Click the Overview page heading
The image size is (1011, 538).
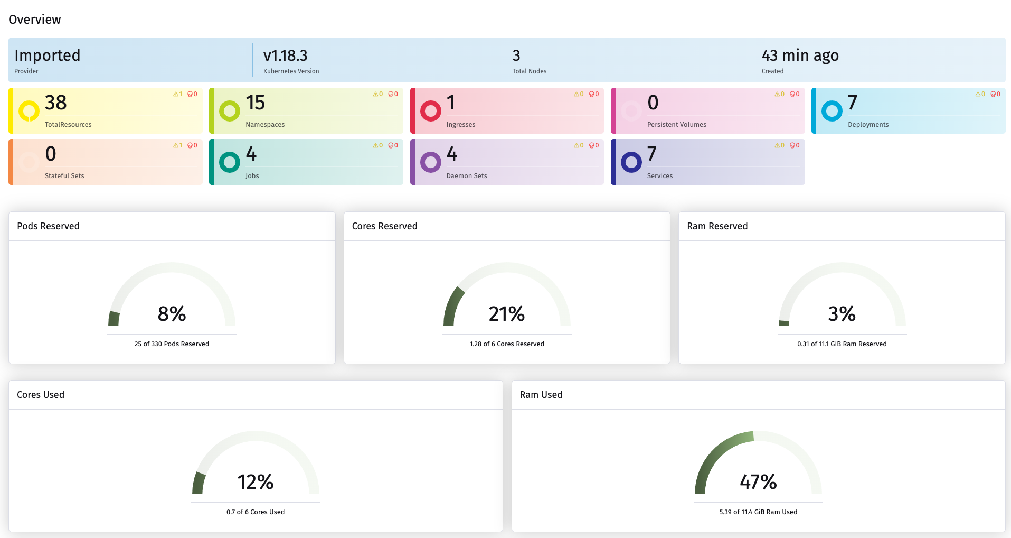pyautogui.click(x=35, y=20)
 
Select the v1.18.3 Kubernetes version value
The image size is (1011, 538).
pyautogui.click(x=285, y=55)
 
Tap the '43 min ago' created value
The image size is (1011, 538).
pyautogui.click(x=800, y=55)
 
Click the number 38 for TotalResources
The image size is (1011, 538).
pyautogui.click(x=55, y=103)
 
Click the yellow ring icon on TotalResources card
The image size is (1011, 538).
pyautogui.click(x=29, y=111)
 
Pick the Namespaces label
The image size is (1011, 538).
pyautogui.click(x=265, y=125)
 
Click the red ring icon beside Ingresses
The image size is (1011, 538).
pyautogui.click(x=430, y=111)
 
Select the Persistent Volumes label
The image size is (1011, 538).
pyautogui.click(x=676, y=125)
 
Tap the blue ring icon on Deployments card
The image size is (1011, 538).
pyautogui.click(x=832, y=111)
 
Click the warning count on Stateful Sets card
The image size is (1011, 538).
pyautogui.click(x=178, y=145)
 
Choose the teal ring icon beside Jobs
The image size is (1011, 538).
pyautogui.click(x=230, y=162)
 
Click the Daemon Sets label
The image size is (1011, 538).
pyautogui.click(x=467, y=176)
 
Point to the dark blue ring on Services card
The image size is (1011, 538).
pyautogui.click(x=631, y=162)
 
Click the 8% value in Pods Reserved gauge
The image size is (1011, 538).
pyautogui.click(x=172, y=314)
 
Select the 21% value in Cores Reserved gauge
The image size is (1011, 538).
pyautogui.click(x=506, y=314)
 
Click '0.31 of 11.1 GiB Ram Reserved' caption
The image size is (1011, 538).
pyautogui.click(x=842, y=344)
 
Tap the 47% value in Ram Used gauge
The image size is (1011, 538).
pyautogui.click(x=758, y=482)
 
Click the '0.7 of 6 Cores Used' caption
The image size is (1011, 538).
pyautogui.click(x=256, y=512)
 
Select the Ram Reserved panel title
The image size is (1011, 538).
pyautogui.click(x=717, y=226)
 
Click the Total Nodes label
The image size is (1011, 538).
pyautogui.click(x=529, y=71)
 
